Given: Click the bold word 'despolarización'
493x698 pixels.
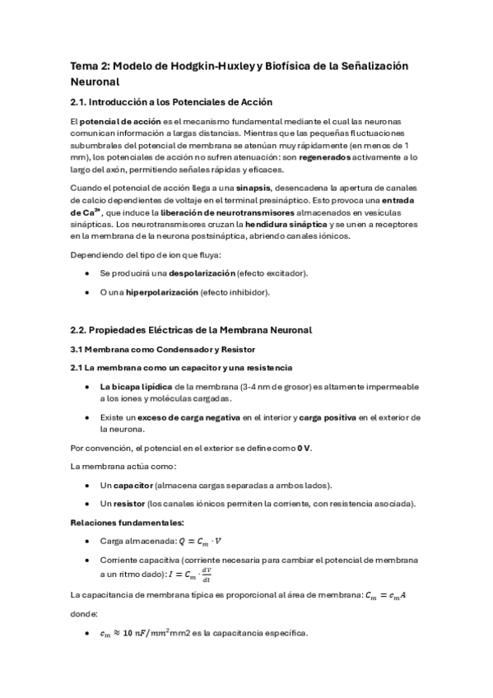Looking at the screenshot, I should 202,272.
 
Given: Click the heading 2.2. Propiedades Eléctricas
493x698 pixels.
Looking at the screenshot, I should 191,330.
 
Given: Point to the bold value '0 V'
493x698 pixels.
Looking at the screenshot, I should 304,448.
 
